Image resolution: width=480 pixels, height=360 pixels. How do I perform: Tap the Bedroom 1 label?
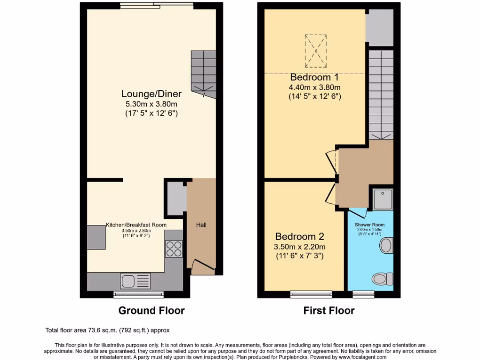tap(314, 77)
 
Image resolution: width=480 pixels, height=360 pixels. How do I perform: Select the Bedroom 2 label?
tap(300, 236)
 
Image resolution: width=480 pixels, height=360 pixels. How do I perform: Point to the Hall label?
tap(201, 225)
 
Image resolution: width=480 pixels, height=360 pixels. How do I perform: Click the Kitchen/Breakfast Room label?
tap(136, 225)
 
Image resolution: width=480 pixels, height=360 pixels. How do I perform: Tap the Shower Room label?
tap(369, 225)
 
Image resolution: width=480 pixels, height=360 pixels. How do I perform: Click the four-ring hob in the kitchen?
tap(173, 248)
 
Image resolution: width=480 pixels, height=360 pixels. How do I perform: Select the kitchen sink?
tap(135, 281)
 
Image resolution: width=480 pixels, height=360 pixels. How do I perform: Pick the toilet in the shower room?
tap(383, 279)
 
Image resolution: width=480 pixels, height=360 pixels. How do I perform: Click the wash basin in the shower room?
tap(386, 245)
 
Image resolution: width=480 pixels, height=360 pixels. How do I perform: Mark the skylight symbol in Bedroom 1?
tap(315, 51)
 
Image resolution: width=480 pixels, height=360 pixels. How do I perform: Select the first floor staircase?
tap(380, 94)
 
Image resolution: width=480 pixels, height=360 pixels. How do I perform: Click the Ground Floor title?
tap(151, 310)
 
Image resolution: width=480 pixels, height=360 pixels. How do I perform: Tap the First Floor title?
tap(329, 310)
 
